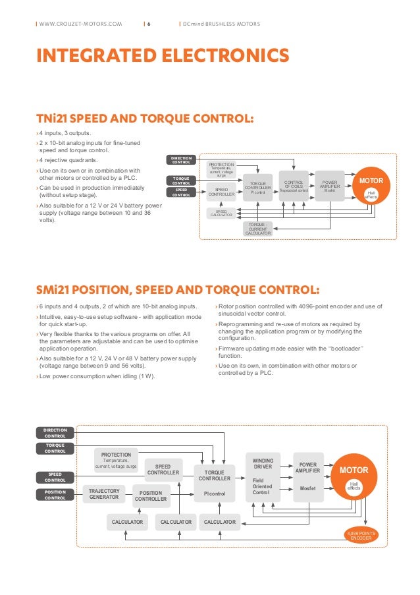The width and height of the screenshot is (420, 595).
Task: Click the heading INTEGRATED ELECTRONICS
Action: tap(162, 55)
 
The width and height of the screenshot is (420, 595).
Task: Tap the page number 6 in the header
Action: tap(149, 24)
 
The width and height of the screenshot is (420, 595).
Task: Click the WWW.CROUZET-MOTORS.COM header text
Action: tap(81, 24)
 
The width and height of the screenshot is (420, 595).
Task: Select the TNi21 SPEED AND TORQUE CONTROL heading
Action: tap(145, 119)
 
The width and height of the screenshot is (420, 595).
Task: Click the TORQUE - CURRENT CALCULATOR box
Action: tap(258, 229)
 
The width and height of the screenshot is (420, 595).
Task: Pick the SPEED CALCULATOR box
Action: tap(221, 213)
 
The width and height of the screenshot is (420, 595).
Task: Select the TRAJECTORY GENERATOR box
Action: tap(104, 494)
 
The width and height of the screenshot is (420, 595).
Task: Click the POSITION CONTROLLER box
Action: tap(151, 496)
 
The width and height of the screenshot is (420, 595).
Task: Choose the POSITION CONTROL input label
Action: tap(55, 495)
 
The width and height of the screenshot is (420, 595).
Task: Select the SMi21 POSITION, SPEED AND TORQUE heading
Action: tap(178, 291)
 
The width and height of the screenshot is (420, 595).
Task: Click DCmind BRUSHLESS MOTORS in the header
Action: tap(223, 24)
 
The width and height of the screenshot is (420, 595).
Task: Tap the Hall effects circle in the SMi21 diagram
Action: tap(354, 486)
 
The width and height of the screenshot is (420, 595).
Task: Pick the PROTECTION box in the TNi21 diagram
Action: tap(221, 169)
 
